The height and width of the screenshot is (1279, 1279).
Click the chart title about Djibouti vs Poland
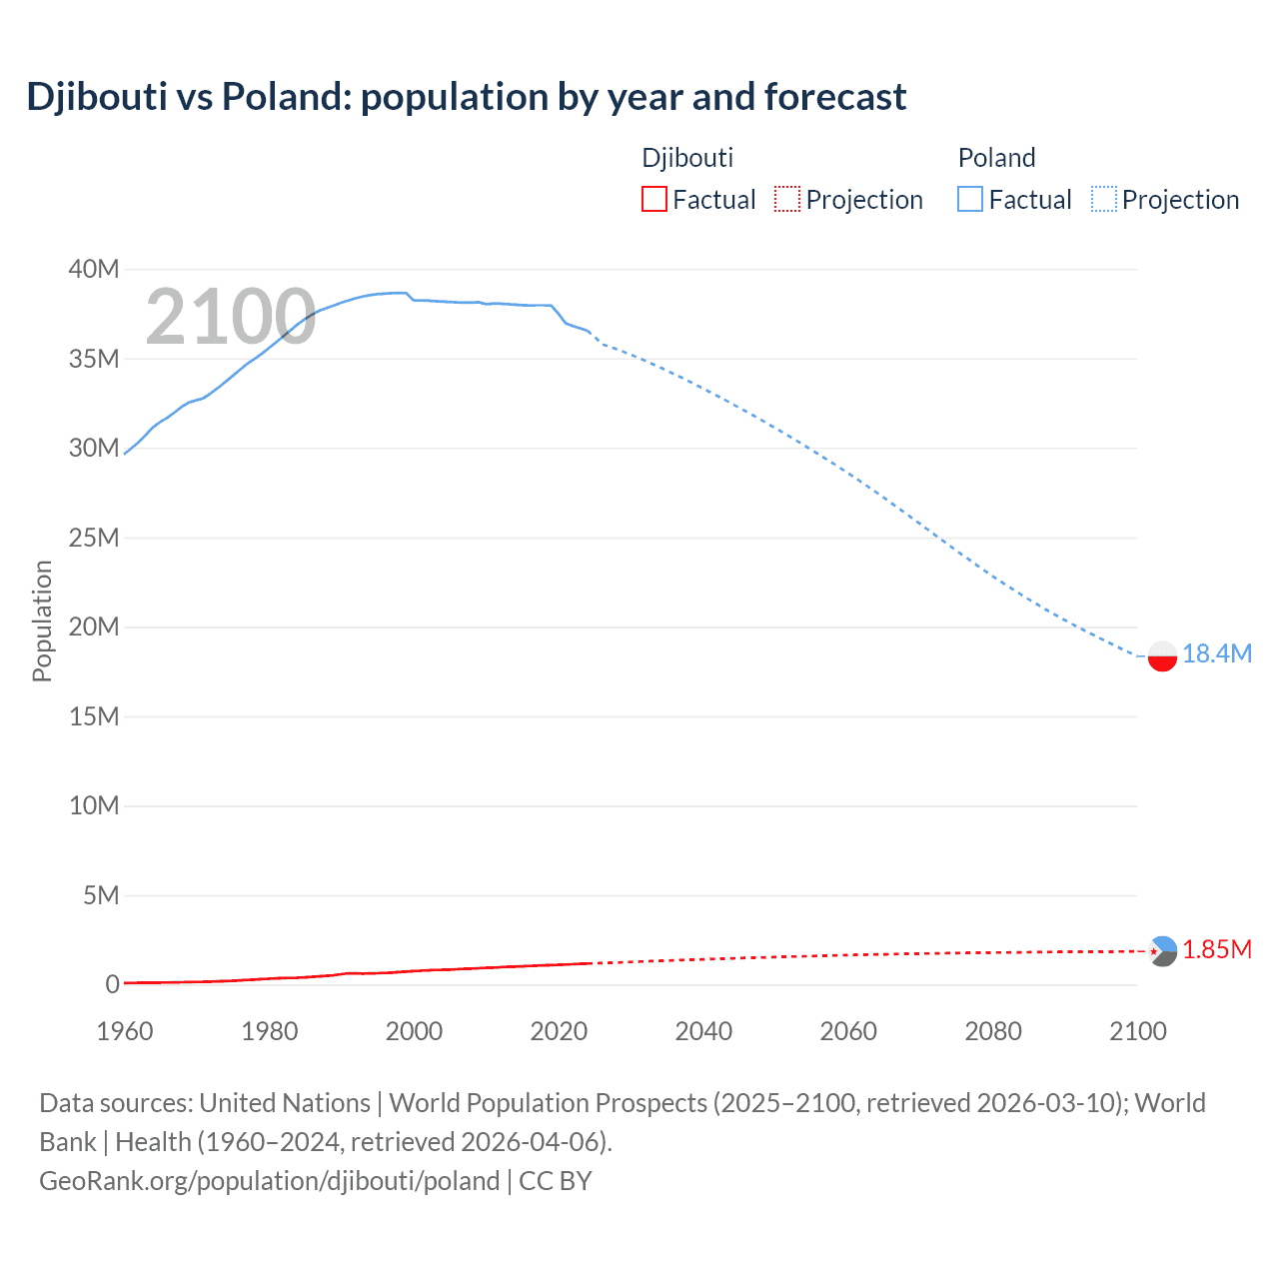click(x=467, y=97)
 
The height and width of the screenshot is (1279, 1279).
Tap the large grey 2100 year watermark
click(x=231, y=317)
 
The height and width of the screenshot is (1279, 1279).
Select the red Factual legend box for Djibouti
click(x=653, y=200)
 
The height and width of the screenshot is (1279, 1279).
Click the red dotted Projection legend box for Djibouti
click(x=787, y=200)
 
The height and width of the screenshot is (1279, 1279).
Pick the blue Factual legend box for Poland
click(x=969, y=200)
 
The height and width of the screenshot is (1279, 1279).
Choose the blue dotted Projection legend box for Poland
click(x=1104, y=200)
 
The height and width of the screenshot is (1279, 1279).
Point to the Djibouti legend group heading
click(x=687, y=158)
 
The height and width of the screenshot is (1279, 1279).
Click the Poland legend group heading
click(x=996, y=158)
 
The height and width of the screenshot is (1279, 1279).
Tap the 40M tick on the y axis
click(x=94, y=269)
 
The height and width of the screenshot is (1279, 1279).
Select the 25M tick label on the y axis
click(x=94, y=538)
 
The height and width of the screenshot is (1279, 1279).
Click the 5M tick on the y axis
click(x=101, y=895)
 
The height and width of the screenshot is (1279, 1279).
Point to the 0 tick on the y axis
click(x=112, y=984)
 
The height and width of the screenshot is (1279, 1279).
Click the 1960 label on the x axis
click(x=125, y=1031)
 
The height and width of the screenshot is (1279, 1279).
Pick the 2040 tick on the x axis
click(x=703, y=1031)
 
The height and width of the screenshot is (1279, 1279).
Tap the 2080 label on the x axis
click(x=993, y=1031)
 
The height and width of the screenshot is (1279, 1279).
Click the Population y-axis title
click(x=42, y=621)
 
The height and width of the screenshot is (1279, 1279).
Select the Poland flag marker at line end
click(x=1162, y=656)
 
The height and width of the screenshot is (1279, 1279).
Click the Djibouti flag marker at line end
click(x=1162, y=951)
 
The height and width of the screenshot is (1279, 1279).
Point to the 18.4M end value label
click(x=1216, y=653)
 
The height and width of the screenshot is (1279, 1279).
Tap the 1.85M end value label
click(x=1216, y=949)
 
